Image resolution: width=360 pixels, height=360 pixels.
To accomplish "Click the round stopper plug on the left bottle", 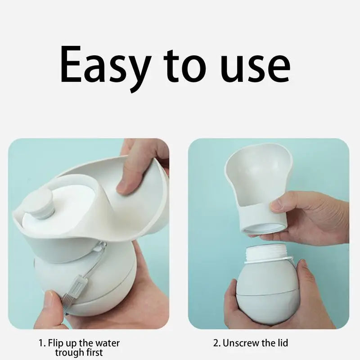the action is click(x=42, y=203).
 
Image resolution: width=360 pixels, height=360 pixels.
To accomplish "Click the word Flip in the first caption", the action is click(x=55, y=343).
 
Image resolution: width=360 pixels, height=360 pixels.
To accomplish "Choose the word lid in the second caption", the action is click(x=283, y=343).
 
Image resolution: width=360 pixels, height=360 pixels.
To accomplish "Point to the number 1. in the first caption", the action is click(x=42, y=343).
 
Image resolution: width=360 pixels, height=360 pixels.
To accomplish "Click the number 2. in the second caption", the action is click(x=217, y=343).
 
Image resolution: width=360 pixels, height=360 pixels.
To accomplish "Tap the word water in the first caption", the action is click(x=108, y=343).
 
